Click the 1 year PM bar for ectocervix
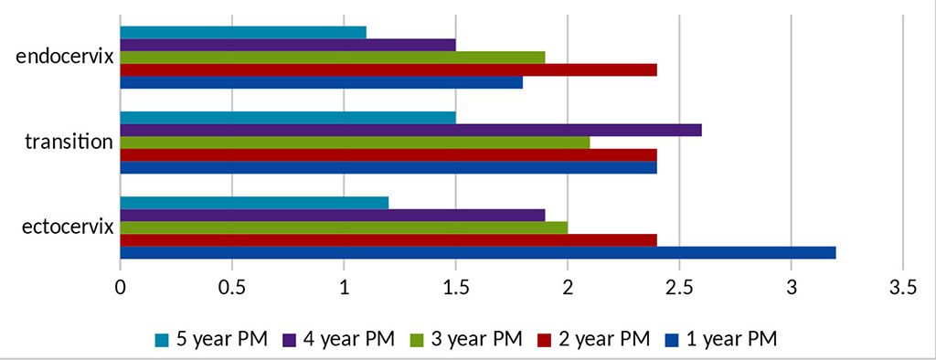click(477, 252)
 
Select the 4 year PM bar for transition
click(410, 130)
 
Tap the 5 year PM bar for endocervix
click(243, 33)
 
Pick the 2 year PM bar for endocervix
click(388, 69)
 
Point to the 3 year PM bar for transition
click(355, 143)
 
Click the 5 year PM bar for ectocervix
click(254, 203)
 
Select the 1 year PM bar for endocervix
click(321, 82)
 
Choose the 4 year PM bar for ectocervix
click(332, 216)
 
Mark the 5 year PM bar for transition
click(288, 118)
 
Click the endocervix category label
click(65, 57)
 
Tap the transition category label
click(69, 142)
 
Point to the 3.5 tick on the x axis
click(903, 288)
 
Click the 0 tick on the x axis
click(121, 288)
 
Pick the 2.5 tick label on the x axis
click(679, 288)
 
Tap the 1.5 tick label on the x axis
click(455, 288)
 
